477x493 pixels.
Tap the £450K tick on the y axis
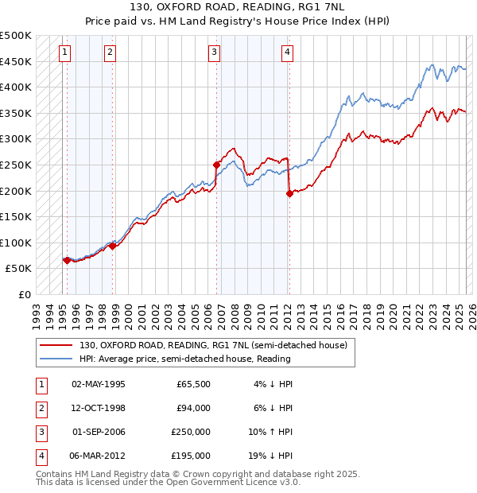coord(16,61)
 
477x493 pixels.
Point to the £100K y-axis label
coord(16,243)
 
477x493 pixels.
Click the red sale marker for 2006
coord(216,165)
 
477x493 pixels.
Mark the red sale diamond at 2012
coord(289,193)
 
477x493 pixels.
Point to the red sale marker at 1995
coord(66,260)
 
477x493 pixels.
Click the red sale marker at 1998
coord(112,246)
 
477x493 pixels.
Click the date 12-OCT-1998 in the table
coord(99,409)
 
